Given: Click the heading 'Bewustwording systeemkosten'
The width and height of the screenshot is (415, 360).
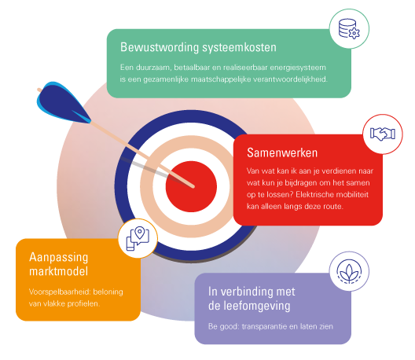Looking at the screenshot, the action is coord(198,47).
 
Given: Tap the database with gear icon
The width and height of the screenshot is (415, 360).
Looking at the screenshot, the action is coord(349,28).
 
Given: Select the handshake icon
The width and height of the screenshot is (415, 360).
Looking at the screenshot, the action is coord(383,134).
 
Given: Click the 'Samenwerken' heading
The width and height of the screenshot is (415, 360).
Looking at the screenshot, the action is coord(282,152).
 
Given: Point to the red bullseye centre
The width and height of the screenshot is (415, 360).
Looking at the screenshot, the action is coord(191,186).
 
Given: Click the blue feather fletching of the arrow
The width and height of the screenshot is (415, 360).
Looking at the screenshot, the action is coord(62,103).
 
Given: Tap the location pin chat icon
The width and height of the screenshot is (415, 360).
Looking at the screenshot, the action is coord(138,238).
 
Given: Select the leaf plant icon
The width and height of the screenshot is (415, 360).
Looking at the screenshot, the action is coord(349,271).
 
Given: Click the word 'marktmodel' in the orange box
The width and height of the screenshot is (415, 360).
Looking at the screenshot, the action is coord(58,271).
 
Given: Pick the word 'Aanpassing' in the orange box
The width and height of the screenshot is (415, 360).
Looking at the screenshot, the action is coord(58,257).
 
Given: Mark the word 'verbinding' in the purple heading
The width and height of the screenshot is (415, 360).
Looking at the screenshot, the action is coord(247,292).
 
